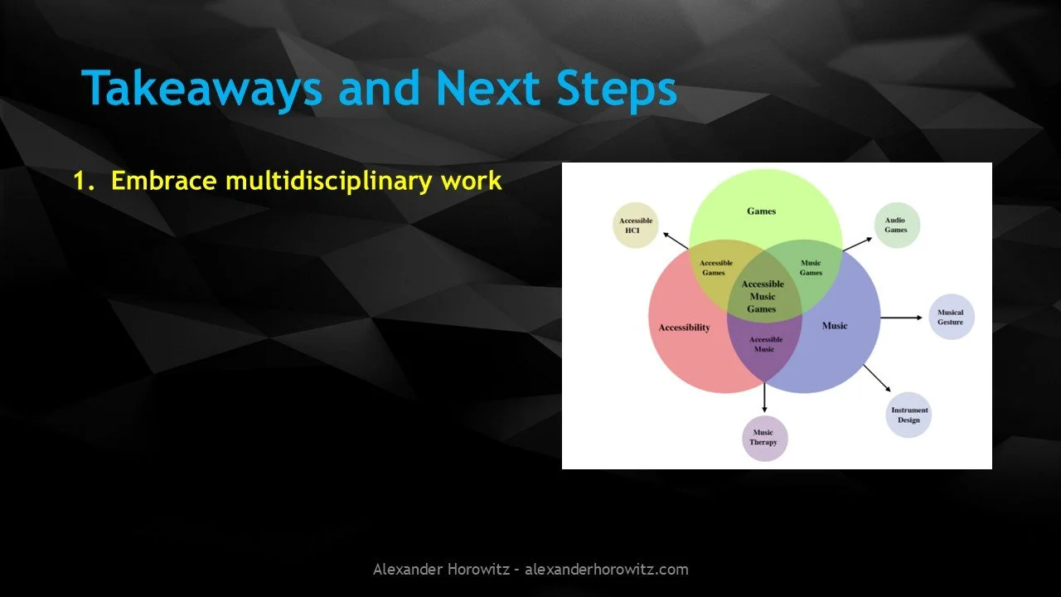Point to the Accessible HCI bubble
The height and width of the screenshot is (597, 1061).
[636, 226]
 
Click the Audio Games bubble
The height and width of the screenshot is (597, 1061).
[896, 226]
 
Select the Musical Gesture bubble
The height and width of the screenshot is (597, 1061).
[950, 318]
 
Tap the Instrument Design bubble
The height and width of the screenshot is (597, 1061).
[909, 415]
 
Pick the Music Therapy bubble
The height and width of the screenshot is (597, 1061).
[763, 438]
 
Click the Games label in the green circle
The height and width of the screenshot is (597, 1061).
[761, 211]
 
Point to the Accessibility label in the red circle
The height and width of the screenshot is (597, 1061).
[685, 328]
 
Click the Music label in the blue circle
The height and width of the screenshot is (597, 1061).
[835, 326]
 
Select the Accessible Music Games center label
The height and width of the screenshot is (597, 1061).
[763, 297]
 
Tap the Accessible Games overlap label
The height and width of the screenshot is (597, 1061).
[716, 268]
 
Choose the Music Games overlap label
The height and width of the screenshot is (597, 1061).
[811, 268]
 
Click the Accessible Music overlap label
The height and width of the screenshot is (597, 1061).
[764, 344]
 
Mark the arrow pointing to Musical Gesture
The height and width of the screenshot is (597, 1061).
[901, 318]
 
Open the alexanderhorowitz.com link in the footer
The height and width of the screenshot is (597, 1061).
[607, 570]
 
